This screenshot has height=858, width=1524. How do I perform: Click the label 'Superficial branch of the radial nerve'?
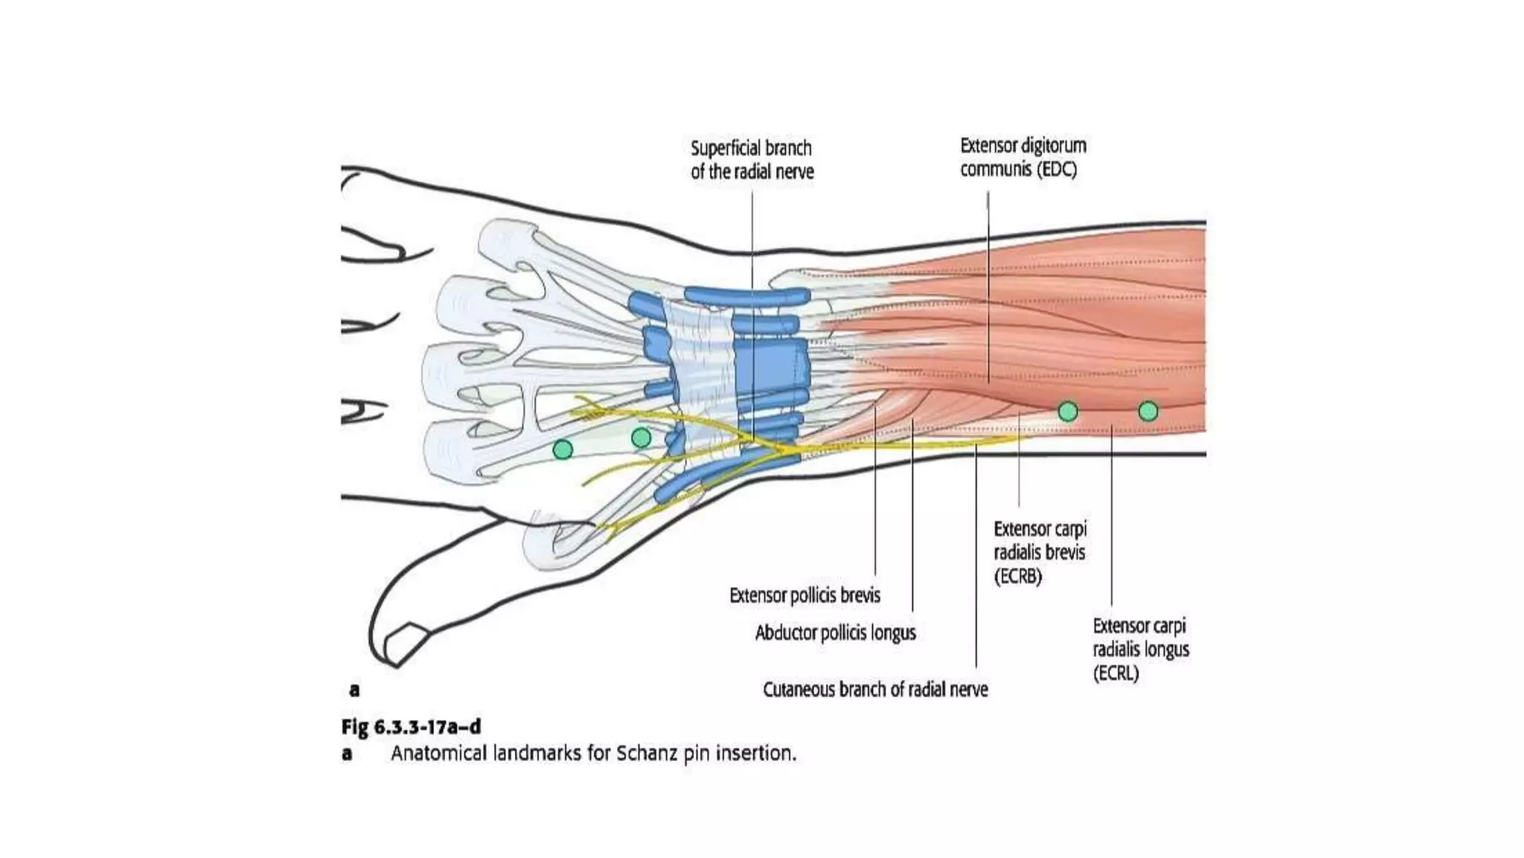click(x=752, y=159)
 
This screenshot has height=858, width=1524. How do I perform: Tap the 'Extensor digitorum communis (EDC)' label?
click(x=1022, y=156)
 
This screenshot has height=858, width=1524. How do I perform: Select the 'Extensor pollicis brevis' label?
click(x=804, y=595)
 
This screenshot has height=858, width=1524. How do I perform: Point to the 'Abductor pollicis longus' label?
click(x=835, y=632)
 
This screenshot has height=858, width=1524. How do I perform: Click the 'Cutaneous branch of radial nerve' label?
click(x=875, y=690)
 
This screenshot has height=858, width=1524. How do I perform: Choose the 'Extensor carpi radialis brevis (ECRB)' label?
click(x=1040, y=552)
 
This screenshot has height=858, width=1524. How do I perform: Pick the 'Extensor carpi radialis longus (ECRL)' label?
click(x=1140, y=649)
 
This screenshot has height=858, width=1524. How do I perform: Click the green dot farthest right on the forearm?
click(x=1148, y=411)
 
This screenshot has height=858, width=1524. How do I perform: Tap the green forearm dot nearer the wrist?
click(x=1068, y=411)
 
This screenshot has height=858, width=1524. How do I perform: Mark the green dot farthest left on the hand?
click(x=563, y=449)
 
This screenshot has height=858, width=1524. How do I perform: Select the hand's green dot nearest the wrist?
click(x=641, y=438)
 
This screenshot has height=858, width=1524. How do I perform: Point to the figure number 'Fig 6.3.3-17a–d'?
click(x=411, y=726)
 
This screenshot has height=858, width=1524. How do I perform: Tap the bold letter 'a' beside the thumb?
click(x=354, y=690)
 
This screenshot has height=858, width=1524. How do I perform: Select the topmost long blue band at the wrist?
click(x=746, y=296)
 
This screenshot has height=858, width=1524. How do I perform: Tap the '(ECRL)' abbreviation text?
click(x=1115, y=673)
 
